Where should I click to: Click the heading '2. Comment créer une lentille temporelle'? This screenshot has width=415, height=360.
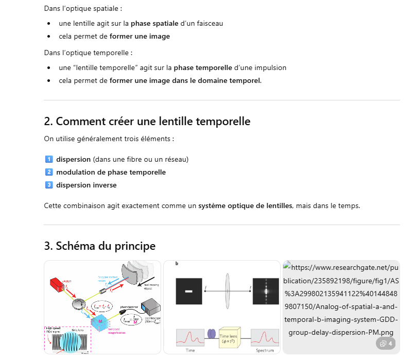147,122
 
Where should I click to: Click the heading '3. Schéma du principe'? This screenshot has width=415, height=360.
100,246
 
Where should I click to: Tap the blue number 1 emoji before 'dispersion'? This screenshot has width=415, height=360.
49,159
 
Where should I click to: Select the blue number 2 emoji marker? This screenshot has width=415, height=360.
49,172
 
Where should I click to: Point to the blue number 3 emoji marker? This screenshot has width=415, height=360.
49,185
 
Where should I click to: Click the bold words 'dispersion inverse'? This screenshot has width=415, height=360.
86,185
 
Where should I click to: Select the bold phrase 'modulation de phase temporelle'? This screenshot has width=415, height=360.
111,172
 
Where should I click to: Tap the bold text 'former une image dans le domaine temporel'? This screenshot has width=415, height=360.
185,80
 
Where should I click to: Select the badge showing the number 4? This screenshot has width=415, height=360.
386,344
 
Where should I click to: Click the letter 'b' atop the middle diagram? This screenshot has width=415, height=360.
177,264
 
